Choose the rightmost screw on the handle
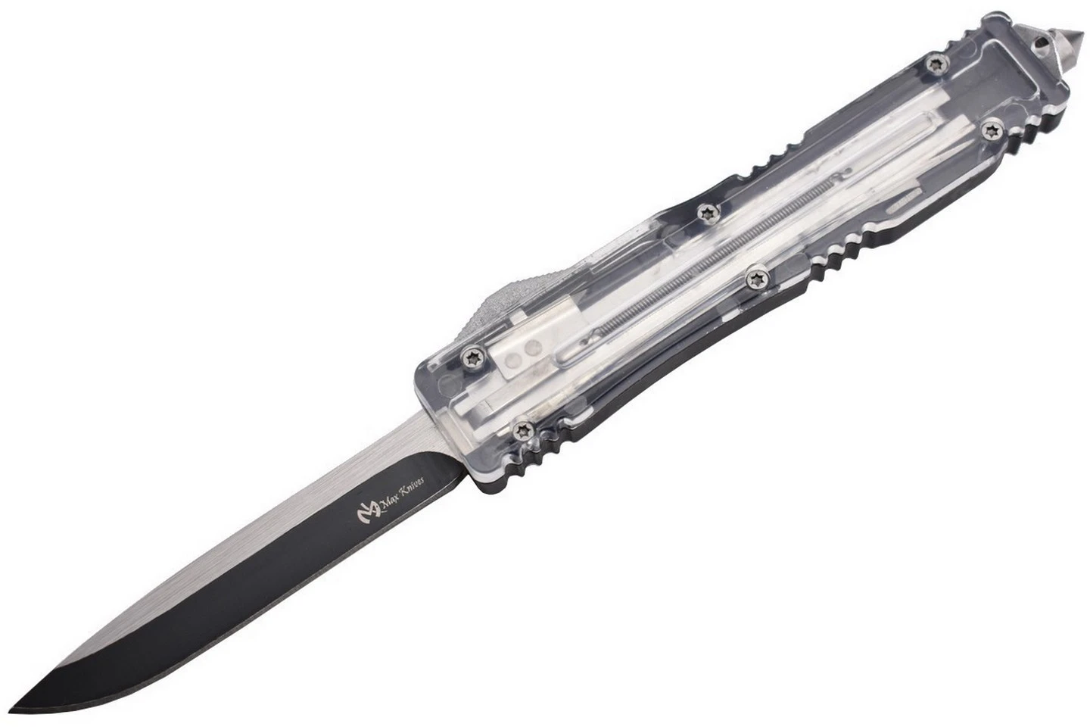(x=991, y=130)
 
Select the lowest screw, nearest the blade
(x=525, y=429)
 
